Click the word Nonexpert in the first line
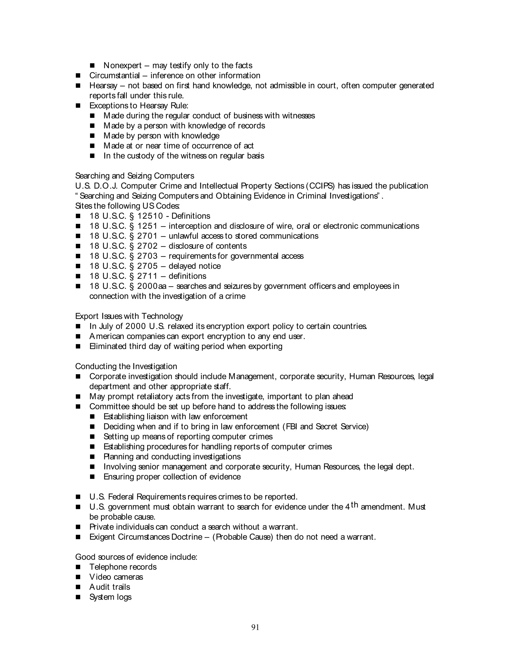pos(123,65)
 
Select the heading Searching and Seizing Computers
pos(135,176)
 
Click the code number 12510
pos(150,216)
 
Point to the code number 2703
pos(147,256)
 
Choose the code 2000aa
pos(152,286)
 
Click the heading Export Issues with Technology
pos(129,316)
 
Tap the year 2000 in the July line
pos(136,327)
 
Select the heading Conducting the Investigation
pos(126,366)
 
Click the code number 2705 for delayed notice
pos(147,266)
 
